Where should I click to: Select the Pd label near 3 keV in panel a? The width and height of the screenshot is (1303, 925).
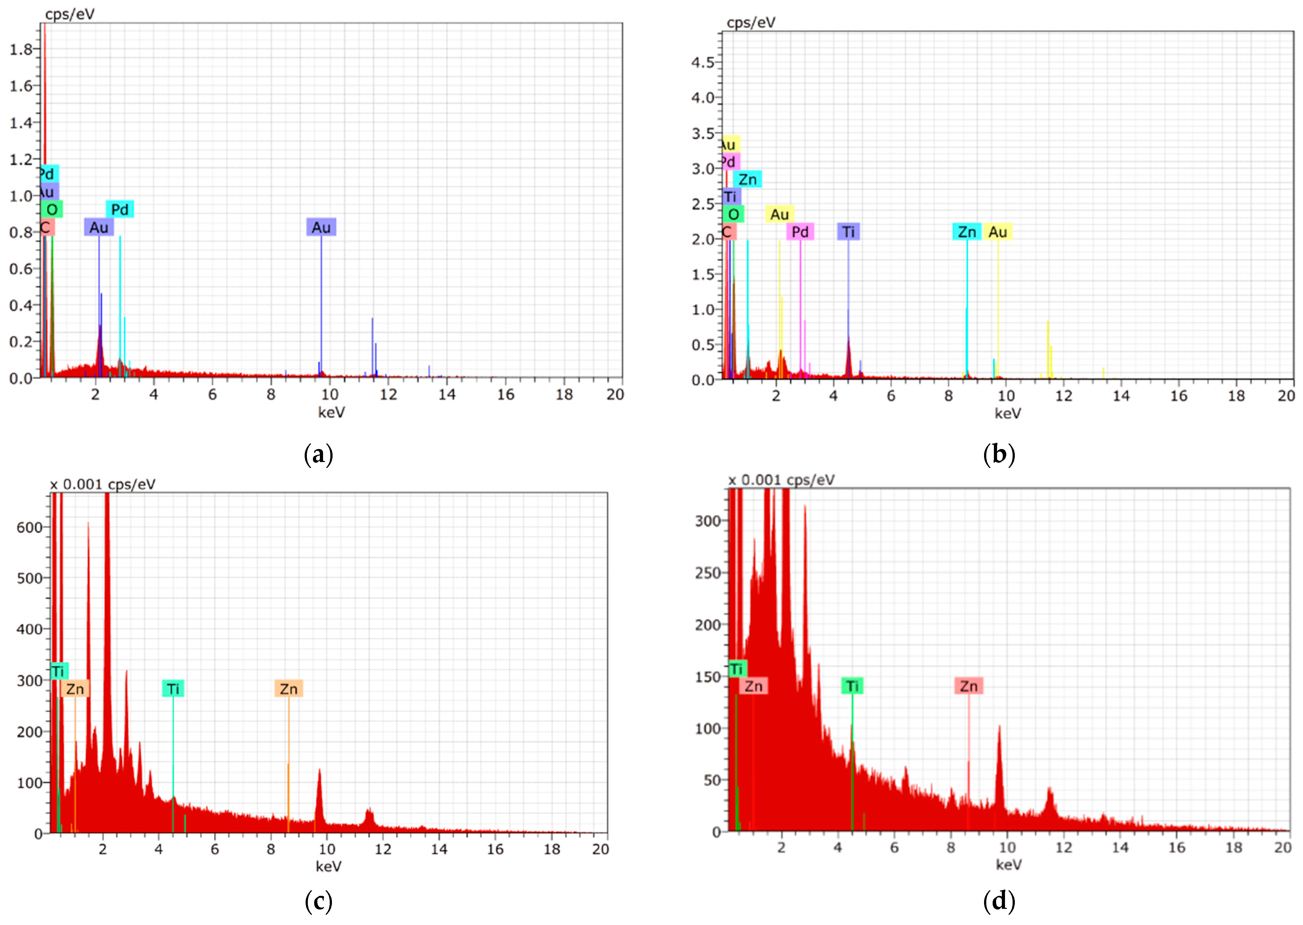(120, 209)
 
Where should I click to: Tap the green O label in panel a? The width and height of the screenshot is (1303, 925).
(52, 209)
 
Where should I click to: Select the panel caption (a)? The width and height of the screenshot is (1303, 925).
(319, 455)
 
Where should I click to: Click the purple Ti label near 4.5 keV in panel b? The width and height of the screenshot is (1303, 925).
(848, 232)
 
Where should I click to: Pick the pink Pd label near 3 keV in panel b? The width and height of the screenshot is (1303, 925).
(800, 232)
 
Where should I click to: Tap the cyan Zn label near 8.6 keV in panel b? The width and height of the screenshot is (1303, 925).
(967, 232)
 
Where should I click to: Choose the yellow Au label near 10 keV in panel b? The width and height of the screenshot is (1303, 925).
(998, 232)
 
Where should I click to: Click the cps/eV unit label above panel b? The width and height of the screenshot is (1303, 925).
(751, 22)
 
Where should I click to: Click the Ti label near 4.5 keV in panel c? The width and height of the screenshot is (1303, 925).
(173, 689)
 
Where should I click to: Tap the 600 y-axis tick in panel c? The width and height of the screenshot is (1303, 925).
(29, 527)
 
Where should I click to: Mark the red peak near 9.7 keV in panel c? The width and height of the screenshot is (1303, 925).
(319, 774)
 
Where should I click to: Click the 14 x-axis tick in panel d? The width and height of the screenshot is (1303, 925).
(1120, 848)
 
